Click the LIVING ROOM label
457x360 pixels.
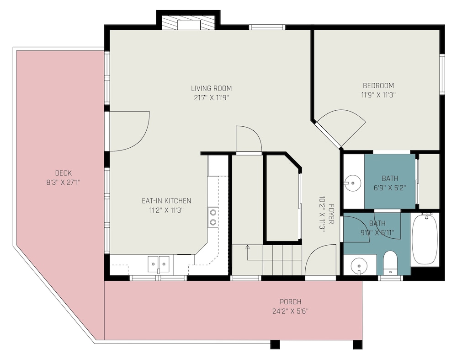point(211,88)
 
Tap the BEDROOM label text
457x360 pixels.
point(378,86)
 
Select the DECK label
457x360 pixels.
point(63,173)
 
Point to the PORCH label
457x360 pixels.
point(290,301)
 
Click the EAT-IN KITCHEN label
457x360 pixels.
point(166,201)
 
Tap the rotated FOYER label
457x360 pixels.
point(331,214)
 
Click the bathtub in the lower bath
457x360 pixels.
point(425,239)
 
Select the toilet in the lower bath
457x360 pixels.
point(390,263)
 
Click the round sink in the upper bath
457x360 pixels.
point(352,183)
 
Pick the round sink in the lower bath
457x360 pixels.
point(359,266)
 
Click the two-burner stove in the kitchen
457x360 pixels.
point(213,217)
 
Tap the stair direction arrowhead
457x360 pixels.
point(247,247)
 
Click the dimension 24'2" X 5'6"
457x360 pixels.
point(290,311)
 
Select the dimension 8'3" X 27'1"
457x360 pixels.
point(63,183)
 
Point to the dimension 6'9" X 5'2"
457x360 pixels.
point(390,188)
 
